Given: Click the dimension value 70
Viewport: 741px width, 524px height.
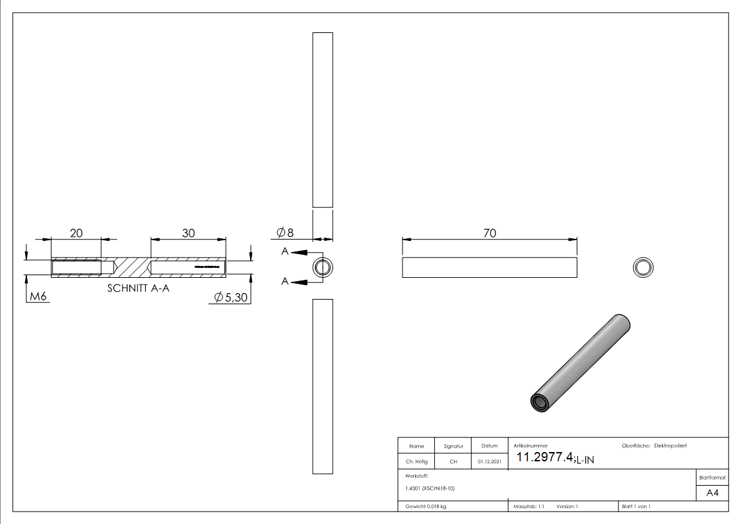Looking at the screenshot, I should click(489, 233).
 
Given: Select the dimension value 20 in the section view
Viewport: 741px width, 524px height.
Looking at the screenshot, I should click(76, 233).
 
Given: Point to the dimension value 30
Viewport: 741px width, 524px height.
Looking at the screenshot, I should click(189, 233).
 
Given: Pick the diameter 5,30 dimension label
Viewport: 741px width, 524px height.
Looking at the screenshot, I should click(231, 298).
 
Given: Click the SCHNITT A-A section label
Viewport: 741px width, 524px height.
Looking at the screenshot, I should click(138, 288).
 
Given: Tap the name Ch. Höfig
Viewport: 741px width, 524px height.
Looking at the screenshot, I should click(416, 462).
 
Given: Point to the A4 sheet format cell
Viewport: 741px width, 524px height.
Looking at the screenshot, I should click(712, 493).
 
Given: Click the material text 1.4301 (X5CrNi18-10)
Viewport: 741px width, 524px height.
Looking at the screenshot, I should click(430, 488).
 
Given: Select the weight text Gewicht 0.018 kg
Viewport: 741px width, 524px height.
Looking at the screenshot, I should click(426, 506).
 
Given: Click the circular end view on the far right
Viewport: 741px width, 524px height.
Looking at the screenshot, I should click(643, 267).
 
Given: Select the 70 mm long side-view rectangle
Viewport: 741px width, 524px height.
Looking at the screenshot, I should click(489, 267).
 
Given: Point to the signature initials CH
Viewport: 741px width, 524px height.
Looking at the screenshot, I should click(453, 462).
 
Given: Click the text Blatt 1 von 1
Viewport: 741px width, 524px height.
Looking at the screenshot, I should click(636, 506).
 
